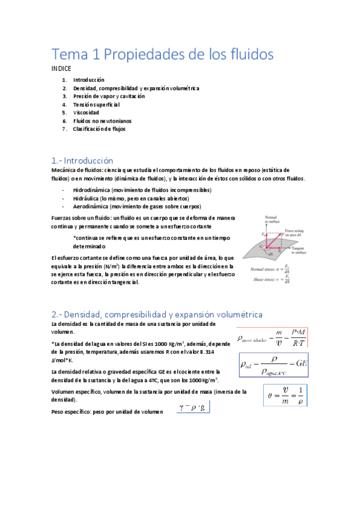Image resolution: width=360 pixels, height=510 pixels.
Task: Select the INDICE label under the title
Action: pyautogui.click(x=62, y=69)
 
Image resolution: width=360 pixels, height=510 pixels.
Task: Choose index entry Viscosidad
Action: pyautogui.click(x=86, y=112)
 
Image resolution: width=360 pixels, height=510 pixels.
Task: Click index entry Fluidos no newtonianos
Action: pyautogui.click(x=102, y=121)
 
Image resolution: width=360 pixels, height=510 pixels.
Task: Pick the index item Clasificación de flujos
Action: pyautogui.click(x=99, y=129)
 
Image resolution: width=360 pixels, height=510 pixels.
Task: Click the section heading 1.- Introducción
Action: pyautogui.click(x=82, y=161)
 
